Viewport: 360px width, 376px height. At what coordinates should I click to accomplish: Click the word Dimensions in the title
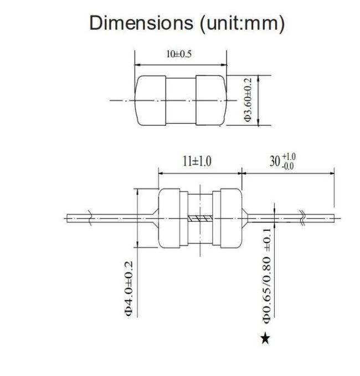(141, 23)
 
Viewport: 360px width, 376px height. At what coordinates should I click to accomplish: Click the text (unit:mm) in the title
(242, 24)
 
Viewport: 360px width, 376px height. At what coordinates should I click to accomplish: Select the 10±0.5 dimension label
(179, 54)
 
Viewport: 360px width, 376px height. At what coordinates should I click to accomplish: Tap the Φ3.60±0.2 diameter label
(248, 99)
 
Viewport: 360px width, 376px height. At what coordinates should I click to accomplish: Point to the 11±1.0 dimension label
(197, 161)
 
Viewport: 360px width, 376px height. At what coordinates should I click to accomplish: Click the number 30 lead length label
(275, 161)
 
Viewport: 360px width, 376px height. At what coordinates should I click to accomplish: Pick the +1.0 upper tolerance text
(289, 157)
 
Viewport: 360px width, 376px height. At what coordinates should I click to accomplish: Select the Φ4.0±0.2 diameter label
(128, 289)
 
